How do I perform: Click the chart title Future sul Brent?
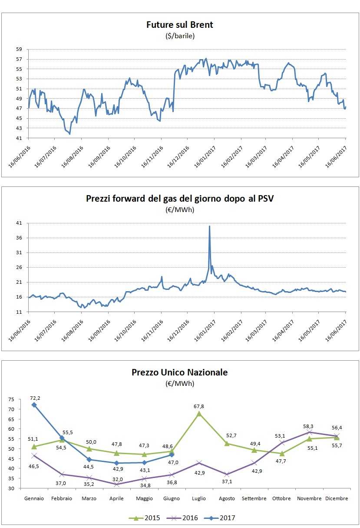180,25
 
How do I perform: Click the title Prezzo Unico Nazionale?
180,372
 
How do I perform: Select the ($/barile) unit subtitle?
180,36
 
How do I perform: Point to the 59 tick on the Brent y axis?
19,49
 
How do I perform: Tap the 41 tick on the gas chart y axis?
19,223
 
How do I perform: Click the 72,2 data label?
35,398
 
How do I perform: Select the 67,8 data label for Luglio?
199,406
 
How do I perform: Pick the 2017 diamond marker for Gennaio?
34,405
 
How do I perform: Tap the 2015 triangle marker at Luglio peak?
199,413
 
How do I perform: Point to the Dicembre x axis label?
337,498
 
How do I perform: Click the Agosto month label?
227,498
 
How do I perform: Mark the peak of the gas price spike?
209,226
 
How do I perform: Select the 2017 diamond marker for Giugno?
172,455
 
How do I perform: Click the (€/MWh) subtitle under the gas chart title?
180,210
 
